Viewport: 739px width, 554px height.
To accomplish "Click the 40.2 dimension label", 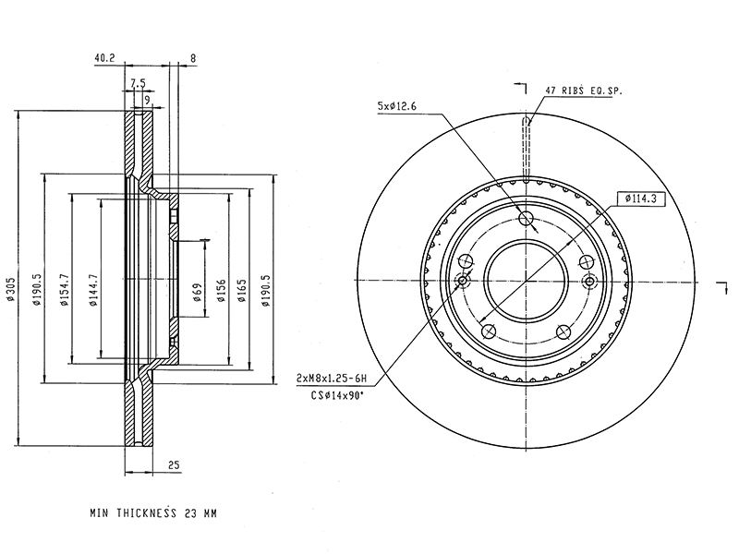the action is click(x=104, y=58).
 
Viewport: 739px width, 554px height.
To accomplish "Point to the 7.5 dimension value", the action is click(x=138, y=84).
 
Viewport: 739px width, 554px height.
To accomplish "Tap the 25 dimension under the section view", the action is click(x=174, y=465).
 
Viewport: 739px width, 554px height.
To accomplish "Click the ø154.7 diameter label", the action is click(x=65, y=290).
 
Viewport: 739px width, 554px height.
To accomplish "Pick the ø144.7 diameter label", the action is click(x=93, y=290).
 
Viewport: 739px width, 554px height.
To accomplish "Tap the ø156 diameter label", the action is click(x=221, y=291).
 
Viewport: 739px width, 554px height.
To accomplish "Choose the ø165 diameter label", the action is click(x=242, y=291).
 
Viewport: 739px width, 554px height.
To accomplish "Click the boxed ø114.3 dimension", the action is click(x=641, y=199).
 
